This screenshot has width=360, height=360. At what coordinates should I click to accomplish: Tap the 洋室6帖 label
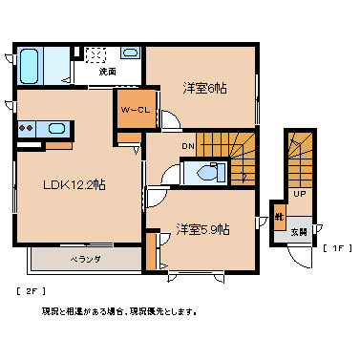[x=204, y=88]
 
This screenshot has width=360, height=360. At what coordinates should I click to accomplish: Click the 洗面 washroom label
[x=108, y=72]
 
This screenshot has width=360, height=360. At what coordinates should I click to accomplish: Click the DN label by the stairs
[x=188, y=146]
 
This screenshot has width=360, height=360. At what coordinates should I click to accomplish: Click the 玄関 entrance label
[x=299, y=231]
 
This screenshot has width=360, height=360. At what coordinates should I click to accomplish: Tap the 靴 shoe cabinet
[x=279, y=217]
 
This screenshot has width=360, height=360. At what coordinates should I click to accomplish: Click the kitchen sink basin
[x=55, y=128]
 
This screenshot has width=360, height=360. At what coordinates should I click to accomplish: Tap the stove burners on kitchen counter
[x=24, y=127]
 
